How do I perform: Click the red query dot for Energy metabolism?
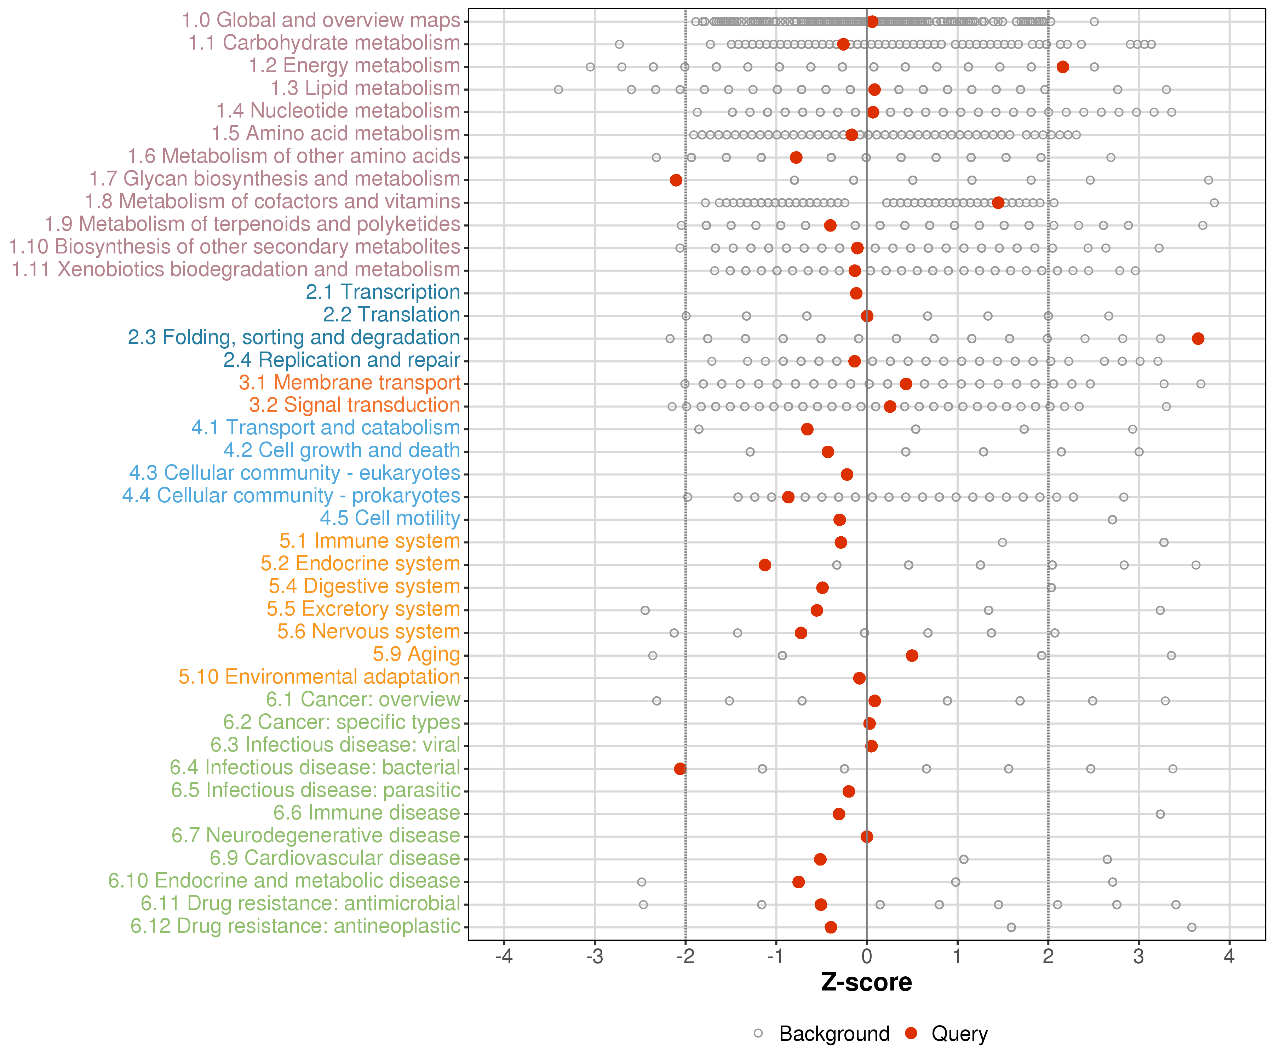tap(1062, 67)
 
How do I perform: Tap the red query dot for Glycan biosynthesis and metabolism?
tap(676, 180)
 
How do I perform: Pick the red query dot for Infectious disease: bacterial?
tap(680, 769)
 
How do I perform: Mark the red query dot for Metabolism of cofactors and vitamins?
tap(998, 203)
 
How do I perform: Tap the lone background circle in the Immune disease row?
tap(1160, 814)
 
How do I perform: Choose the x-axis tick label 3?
tap(1139, 957)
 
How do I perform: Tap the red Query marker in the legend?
tap(911, 1033)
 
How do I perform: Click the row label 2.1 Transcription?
tap(383, 292)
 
